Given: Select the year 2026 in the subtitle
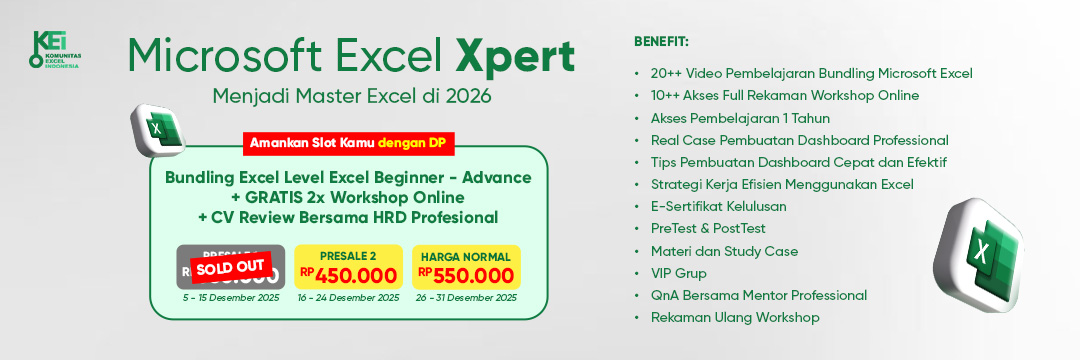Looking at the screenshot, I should [x=470, y=98].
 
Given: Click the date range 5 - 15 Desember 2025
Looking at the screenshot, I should [x=230, y=297].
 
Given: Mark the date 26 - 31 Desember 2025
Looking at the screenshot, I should [x=465, y=297].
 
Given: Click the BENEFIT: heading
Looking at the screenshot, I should [x=661, y=41].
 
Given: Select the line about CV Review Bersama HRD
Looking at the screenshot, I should [x=347, y=217].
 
